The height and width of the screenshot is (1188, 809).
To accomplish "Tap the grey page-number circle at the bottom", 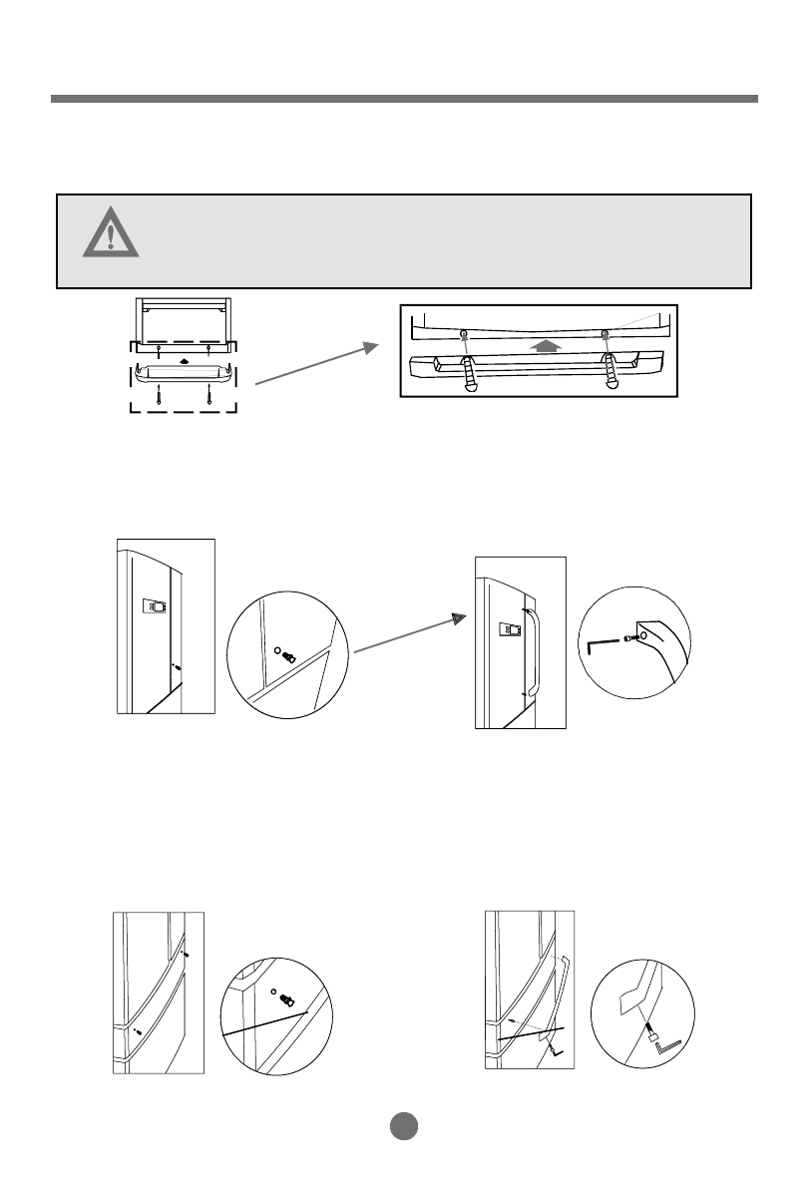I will pos(403,1125).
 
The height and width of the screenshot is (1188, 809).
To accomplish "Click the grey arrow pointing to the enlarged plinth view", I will pos(317,365).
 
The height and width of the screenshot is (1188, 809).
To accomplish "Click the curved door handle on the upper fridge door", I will pos(535,649).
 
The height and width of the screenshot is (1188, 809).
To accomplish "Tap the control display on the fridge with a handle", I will pos(510,628).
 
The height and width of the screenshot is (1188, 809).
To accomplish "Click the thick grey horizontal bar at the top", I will pos(404,100).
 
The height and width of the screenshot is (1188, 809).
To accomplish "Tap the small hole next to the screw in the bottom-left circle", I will pos(274,992).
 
